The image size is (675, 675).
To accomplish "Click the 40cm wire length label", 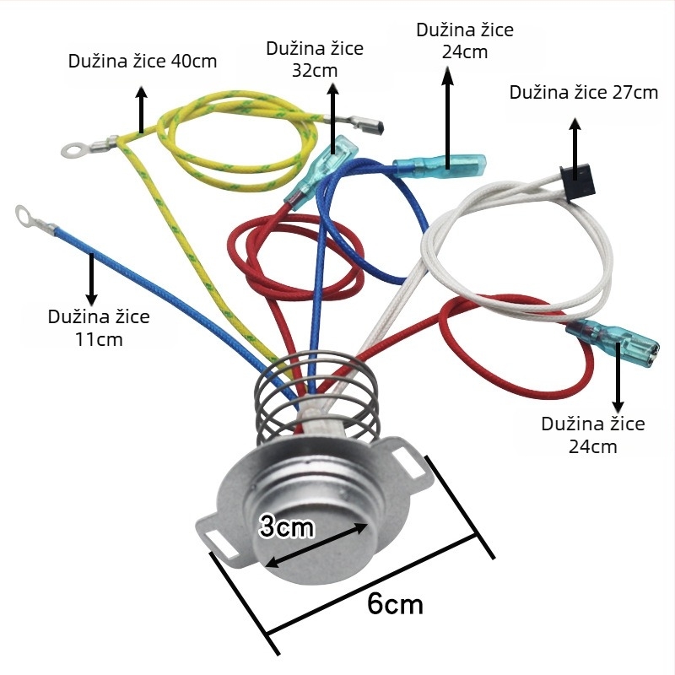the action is pyautogui.click(x=143, y=61).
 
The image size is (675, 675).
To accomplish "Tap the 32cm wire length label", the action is pyautogui.click(x=315, y=59).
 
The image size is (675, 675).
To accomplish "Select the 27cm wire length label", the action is pyautogui.click(x=584, y=93).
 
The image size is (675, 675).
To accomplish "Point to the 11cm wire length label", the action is pyautogui.click(x=99, y=328).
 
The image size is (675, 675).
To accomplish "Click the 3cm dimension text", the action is pyautogui.click(x=287, y=526).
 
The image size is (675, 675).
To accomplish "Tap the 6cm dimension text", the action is pyautogui.click(x=395, y=603).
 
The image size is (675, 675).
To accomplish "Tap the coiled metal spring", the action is pyautogui.click(x=317, y=398).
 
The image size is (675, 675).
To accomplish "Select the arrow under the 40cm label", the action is pyautogui.click(x=141, y=110).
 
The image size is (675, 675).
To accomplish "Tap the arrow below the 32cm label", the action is pyautogui.click(x=333, y=118).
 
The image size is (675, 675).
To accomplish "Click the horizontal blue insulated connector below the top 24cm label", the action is pyautogui.click(x=439, y=165).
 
